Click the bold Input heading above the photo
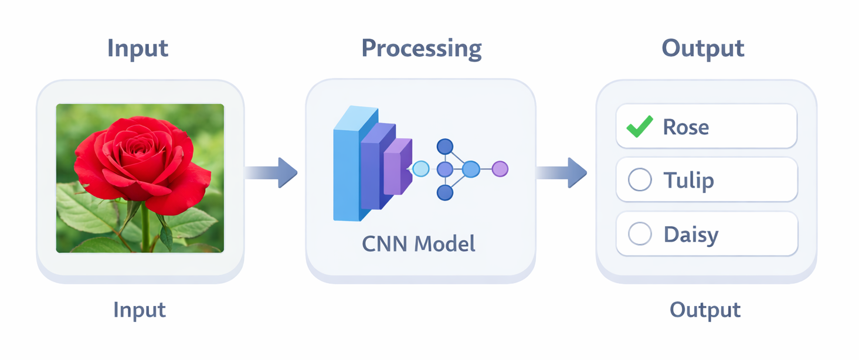point(138,48)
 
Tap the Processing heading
point(421,48)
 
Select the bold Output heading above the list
point(703,48)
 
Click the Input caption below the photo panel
point(140,310)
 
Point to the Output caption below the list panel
point(705,310)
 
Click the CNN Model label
point(419,243)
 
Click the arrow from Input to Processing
point(271,172)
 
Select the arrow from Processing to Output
point(561,172)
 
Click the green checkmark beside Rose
point(639,126)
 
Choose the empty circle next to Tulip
point(640,180)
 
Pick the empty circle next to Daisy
point(640,234)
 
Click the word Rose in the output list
point(685,127)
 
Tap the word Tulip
point(688,180)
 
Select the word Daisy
point(691,235)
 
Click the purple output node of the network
point(500,169)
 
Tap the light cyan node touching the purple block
point(421,169)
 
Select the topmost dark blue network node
point(445,146)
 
